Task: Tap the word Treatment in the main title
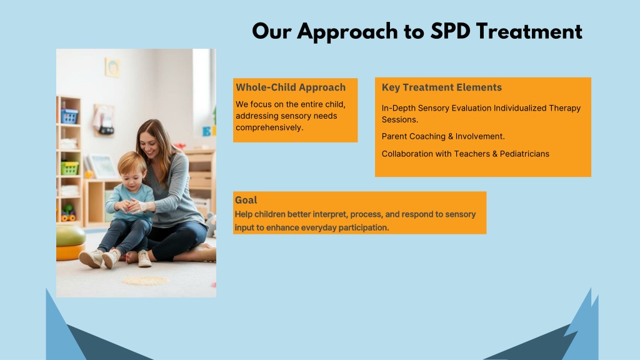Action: pos(529,31)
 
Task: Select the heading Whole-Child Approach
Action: pos(291,87)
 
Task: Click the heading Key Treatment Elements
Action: pos(442,87)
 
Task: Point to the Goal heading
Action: pos(246,200)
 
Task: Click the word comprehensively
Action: pos(269,127)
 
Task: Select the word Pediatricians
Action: pos(524,154)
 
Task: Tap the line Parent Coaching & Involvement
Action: pos(443,136)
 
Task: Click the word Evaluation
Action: pos(466,108)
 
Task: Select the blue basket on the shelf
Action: pos(69,116)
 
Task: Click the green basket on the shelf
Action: pos(70,167)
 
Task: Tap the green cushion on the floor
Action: pos(70,235)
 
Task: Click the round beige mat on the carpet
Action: pos(145,281)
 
